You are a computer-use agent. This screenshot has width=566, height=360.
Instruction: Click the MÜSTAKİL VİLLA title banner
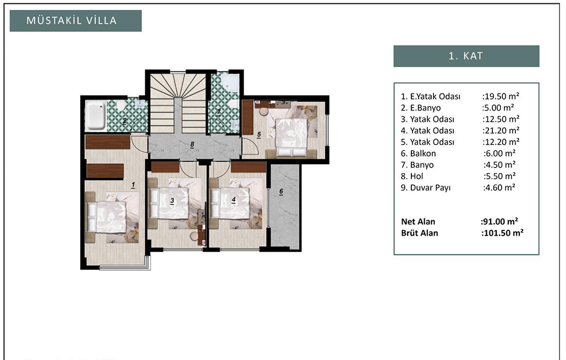(75, 20)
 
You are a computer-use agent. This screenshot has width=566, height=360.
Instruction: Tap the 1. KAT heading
(466, 56)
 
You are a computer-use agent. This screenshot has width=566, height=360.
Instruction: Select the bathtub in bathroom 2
(96, 115)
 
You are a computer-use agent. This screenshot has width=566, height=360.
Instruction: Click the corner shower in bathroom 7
(230, 83)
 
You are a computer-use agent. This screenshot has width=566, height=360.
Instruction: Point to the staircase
(178, 103)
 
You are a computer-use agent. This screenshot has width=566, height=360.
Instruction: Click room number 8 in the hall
(193, 145)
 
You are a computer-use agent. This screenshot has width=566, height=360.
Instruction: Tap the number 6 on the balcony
(281, 192)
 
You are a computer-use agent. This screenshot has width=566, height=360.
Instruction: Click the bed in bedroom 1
(107, 217)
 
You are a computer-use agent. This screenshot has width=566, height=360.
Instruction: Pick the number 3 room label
(172, 201)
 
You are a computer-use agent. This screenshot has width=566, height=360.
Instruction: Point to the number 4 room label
(234, 200)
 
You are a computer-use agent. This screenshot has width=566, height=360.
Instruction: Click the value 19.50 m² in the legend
(501, 96)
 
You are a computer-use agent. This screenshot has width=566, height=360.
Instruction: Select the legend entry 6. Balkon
(418, 153)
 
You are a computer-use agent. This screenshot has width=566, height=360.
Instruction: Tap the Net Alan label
(418, 221)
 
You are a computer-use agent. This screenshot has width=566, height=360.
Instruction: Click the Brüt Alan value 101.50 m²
(502, 232)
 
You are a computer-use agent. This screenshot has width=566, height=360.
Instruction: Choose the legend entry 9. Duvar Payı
(426, 187)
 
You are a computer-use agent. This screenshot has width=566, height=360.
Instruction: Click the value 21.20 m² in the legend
(501, 131)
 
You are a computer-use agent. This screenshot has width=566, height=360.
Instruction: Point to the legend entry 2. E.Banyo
(421, 108)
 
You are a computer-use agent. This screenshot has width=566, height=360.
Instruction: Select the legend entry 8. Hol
(412, 176)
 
